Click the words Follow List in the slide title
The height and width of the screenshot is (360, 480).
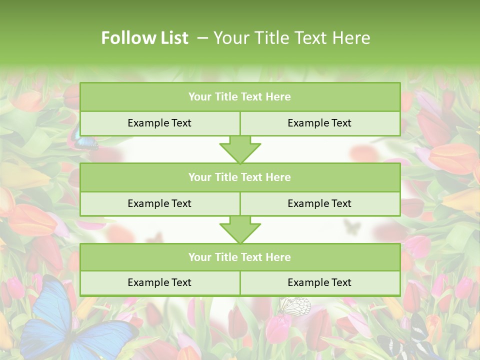[144, 38]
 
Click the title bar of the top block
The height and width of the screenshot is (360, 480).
[240, 97]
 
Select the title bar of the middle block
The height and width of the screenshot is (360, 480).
[240, 177]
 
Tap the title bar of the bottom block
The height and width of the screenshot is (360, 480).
[240, 257]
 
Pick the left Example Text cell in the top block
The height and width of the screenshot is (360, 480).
[159, 123]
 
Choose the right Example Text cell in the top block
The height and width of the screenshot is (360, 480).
[319, 123]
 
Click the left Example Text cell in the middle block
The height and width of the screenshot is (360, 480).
[159, 203]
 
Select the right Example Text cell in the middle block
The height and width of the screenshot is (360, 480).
[319, 203]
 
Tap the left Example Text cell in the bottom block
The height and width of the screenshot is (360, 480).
[159, 282]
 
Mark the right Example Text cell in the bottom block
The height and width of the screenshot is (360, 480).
[319, 282]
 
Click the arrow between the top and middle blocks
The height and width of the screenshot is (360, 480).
[240, 149]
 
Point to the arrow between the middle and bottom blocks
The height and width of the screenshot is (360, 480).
[240, 229]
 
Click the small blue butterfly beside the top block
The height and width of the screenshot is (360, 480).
[85, 142]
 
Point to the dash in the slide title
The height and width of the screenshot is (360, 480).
[202, 38]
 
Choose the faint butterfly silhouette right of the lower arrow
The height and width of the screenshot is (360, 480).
[352, 227]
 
